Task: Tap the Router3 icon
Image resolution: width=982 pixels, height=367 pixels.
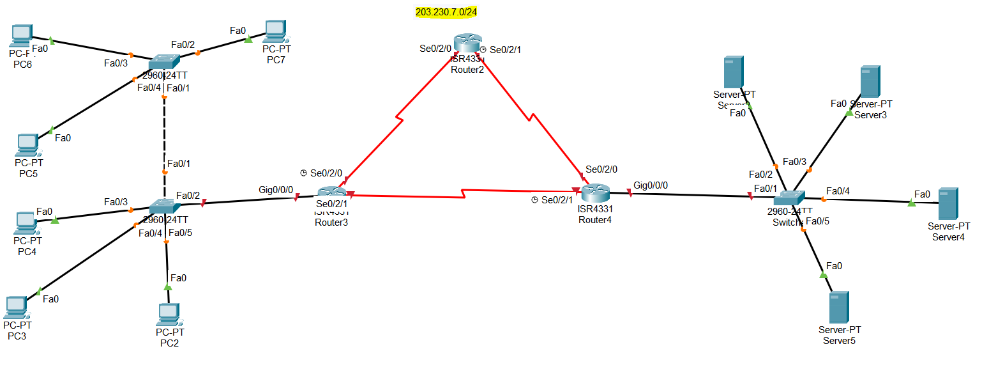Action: (331, 192)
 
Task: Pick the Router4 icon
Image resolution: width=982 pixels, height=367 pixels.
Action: (594, 191)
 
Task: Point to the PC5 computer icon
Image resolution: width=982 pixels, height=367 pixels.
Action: (27, 145)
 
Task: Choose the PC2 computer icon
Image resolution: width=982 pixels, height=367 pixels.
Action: (168, 313)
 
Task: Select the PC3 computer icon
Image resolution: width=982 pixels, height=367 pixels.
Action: (16, 308)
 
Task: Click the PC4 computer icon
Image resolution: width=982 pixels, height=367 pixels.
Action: (26, 223)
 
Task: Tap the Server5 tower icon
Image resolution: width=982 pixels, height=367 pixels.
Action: (838, 307)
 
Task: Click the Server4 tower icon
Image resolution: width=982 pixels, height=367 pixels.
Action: (948, 204)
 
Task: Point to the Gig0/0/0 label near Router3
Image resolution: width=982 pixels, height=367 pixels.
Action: (276, 190)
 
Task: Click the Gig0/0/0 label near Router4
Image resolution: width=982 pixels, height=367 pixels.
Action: (651, 185)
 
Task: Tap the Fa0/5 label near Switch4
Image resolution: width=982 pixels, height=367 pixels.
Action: (817, 222)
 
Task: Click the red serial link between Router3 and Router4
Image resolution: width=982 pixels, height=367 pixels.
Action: (462, 193)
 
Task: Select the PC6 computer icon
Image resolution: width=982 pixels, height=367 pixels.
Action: (21, 35)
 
